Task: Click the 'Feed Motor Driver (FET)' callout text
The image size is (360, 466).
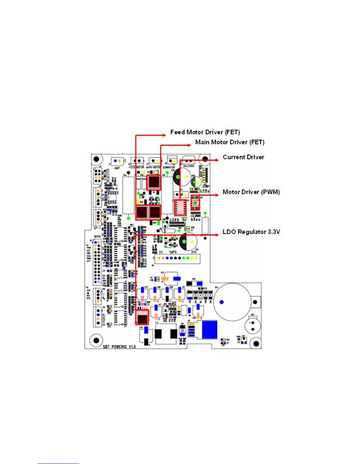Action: (205, 132)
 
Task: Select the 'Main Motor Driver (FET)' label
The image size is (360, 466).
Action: (230, 142)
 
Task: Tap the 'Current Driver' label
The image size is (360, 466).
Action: (243, 157)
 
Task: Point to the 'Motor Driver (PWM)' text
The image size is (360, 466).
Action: (251, 192)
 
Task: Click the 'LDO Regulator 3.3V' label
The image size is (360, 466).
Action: (251, 232)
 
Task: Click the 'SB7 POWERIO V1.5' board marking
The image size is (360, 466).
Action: (119, 347)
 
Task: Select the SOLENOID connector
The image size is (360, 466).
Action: (189, 161)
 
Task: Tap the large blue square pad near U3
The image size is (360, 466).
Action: (209, 329)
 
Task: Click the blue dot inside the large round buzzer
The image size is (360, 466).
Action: (222, 302)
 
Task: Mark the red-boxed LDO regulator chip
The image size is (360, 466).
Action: (142, 317)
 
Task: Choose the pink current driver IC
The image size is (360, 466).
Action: (180, 208)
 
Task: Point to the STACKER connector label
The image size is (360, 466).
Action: (104, 319)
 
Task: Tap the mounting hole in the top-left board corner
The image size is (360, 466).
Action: (96, 159)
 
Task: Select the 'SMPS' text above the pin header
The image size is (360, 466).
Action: (173, 252)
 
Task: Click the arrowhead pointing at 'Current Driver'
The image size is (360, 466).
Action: (217, 160)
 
